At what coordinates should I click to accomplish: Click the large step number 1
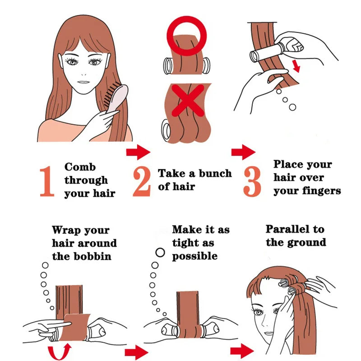click(46, 180)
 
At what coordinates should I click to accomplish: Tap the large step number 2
click(142, 180)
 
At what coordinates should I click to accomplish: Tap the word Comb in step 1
click(80, 167)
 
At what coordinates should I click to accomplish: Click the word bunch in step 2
click(214, 173)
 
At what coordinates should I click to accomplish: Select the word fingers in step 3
click(320, 190)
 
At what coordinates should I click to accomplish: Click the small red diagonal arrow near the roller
click(296, 67)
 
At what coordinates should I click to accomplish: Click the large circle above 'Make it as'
click(160, 252)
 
